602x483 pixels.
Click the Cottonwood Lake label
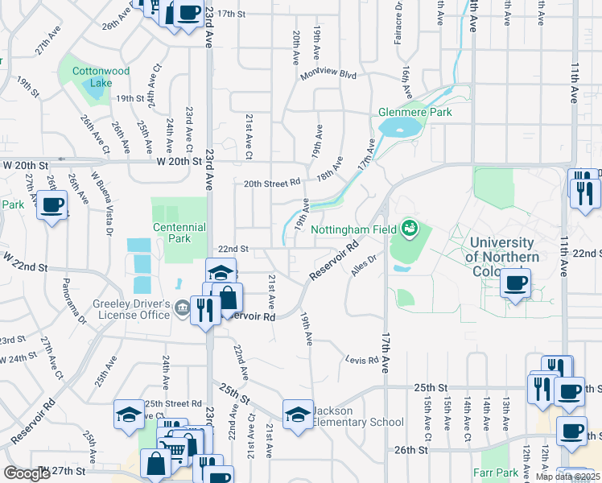101,76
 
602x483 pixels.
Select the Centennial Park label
179,233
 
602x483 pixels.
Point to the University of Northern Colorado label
502,257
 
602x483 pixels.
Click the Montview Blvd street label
328,74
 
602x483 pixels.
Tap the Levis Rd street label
361,359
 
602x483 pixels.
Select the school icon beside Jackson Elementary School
298,415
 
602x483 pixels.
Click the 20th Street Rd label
272,183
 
